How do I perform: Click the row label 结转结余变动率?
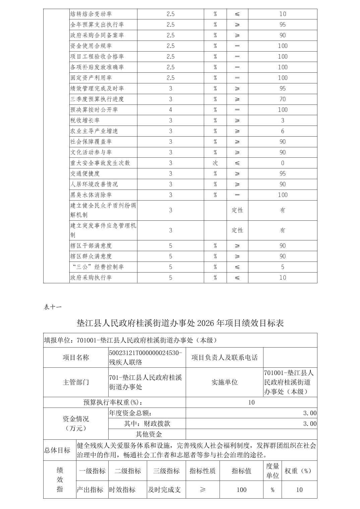coord(91,14)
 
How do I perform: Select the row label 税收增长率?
coord(85,121)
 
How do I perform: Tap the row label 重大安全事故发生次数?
coord(100,163)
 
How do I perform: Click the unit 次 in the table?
coord(215,163)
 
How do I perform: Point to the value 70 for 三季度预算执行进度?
coord(283,99)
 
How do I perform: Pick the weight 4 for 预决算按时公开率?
coord(171,110)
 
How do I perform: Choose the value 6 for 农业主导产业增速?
coord(283,131)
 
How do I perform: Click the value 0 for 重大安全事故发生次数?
coord(283,163)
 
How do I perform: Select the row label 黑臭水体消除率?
coord(91,195)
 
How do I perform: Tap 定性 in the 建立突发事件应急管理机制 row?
coord(237,230)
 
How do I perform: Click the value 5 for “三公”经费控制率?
coord(283,267)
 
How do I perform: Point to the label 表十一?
coord(53,307)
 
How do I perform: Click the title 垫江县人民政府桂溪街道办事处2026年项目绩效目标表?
coord(180,323)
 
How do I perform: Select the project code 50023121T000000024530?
coord(145,353)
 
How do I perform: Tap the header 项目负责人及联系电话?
coord(225,358)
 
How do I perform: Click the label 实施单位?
coord(225,382)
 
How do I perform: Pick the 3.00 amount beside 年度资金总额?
coord(310,414)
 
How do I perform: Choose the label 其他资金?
coord(149,435)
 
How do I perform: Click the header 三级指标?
coord(167,471)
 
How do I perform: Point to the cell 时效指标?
coord(122,490)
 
